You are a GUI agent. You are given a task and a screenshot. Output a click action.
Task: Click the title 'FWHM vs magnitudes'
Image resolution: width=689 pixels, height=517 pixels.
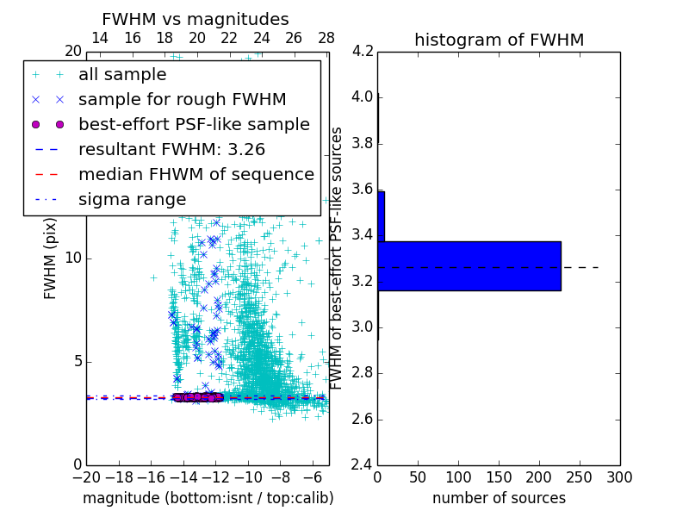pos(196,20)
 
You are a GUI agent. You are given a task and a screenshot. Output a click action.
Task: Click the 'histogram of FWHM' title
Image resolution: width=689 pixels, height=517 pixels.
pos(499,40)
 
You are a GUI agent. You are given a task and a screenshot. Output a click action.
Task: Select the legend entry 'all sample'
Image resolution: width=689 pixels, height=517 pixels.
pos(122,75)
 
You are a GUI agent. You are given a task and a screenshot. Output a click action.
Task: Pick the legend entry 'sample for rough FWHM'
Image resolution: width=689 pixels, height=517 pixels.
pos(182,100)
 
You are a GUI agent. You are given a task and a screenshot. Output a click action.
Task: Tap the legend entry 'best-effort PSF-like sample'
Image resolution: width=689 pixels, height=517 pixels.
pos(194,125)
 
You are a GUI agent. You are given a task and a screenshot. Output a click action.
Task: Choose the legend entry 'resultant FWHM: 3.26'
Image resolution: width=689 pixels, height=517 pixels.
pos(177,150)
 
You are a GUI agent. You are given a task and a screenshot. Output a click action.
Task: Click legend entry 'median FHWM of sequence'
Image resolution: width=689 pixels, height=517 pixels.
pos(196,175)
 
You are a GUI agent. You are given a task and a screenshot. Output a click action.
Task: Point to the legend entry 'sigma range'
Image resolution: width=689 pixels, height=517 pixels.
pos(132,200)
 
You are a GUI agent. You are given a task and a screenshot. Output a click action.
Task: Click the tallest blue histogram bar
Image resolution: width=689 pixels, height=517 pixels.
pos(469,266)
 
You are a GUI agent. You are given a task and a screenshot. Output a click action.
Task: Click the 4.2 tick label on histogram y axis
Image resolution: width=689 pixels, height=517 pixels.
pos(363,51)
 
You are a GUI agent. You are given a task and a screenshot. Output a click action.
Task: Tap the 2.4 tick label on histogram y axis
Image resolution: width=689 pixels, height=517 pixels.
pos(363,464)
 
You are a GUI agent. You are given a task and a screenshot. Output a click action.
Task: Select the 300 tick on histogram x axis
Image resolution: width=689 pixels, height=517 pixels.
pos(619,477)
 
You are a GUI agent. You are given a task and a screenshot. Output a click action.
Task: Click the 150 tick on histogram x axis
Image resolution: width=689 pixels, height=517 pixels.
pos(499,477)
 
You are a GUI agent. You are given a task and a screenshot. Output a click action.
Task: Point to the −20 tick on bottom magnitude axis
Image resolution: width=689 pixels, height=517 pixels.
pos(86,477)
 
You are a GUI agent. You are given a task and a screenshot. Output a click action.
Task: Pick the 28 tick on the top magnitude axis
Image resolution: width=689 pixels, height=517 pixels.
pos(326,39)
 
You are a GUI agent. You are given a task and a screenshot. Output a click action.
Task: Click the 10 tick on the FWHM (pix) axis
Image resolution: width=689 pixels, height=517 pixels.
pos(73,258)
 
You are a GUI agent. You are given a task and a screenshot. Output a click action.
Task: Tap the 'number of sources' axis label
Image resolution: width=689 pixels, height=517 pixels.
pos(499,498)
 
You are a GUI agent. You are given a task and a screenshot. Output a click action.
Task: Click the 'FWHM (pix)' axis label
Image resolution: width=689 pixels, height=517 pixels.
pos(51,258)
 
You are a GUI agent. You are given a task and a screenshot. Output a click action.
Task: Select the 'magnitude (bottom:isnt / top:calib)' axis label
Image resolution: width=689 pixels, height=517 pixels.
pos(208,498)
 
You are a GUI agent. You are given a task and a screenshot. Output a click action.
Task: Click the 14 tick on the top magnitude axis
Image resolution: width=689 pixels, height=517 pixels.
pos(100,39)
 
